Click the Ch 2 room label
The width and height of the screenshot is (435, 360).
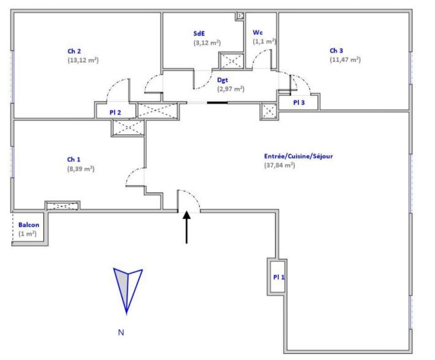(75, 51)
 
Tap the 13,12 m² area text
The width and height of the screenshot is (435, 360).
(83, 60)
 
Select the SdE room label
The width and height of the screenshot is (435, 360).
(199, 34)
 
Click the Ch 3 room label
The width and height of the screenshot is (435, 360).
(337, 50)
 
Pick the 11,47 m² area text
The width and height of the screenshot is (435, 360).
(345, 59)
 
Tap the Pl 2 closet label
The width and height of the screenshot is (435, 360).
(116, 112)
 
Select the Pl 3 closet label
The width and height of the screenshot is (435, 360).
(300, 102)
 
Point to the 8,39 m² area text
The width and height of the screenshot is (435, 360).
(81, 168)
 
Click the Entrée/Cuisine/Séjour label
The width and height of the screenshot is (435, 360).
(298, 156)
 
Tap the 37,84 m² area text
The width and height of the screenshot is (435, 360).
(280, 165)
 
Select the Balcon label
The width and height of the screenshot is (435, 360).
(28, 225)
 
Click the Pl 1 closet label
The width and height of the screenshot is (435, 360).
(279, 277)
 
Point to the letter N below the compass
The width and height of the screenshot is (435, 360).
(121, 333)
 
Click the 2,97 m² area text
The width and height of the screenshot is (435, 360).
(231, 88)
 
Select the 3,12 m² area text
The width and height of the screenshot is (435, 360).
(207, 43)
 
